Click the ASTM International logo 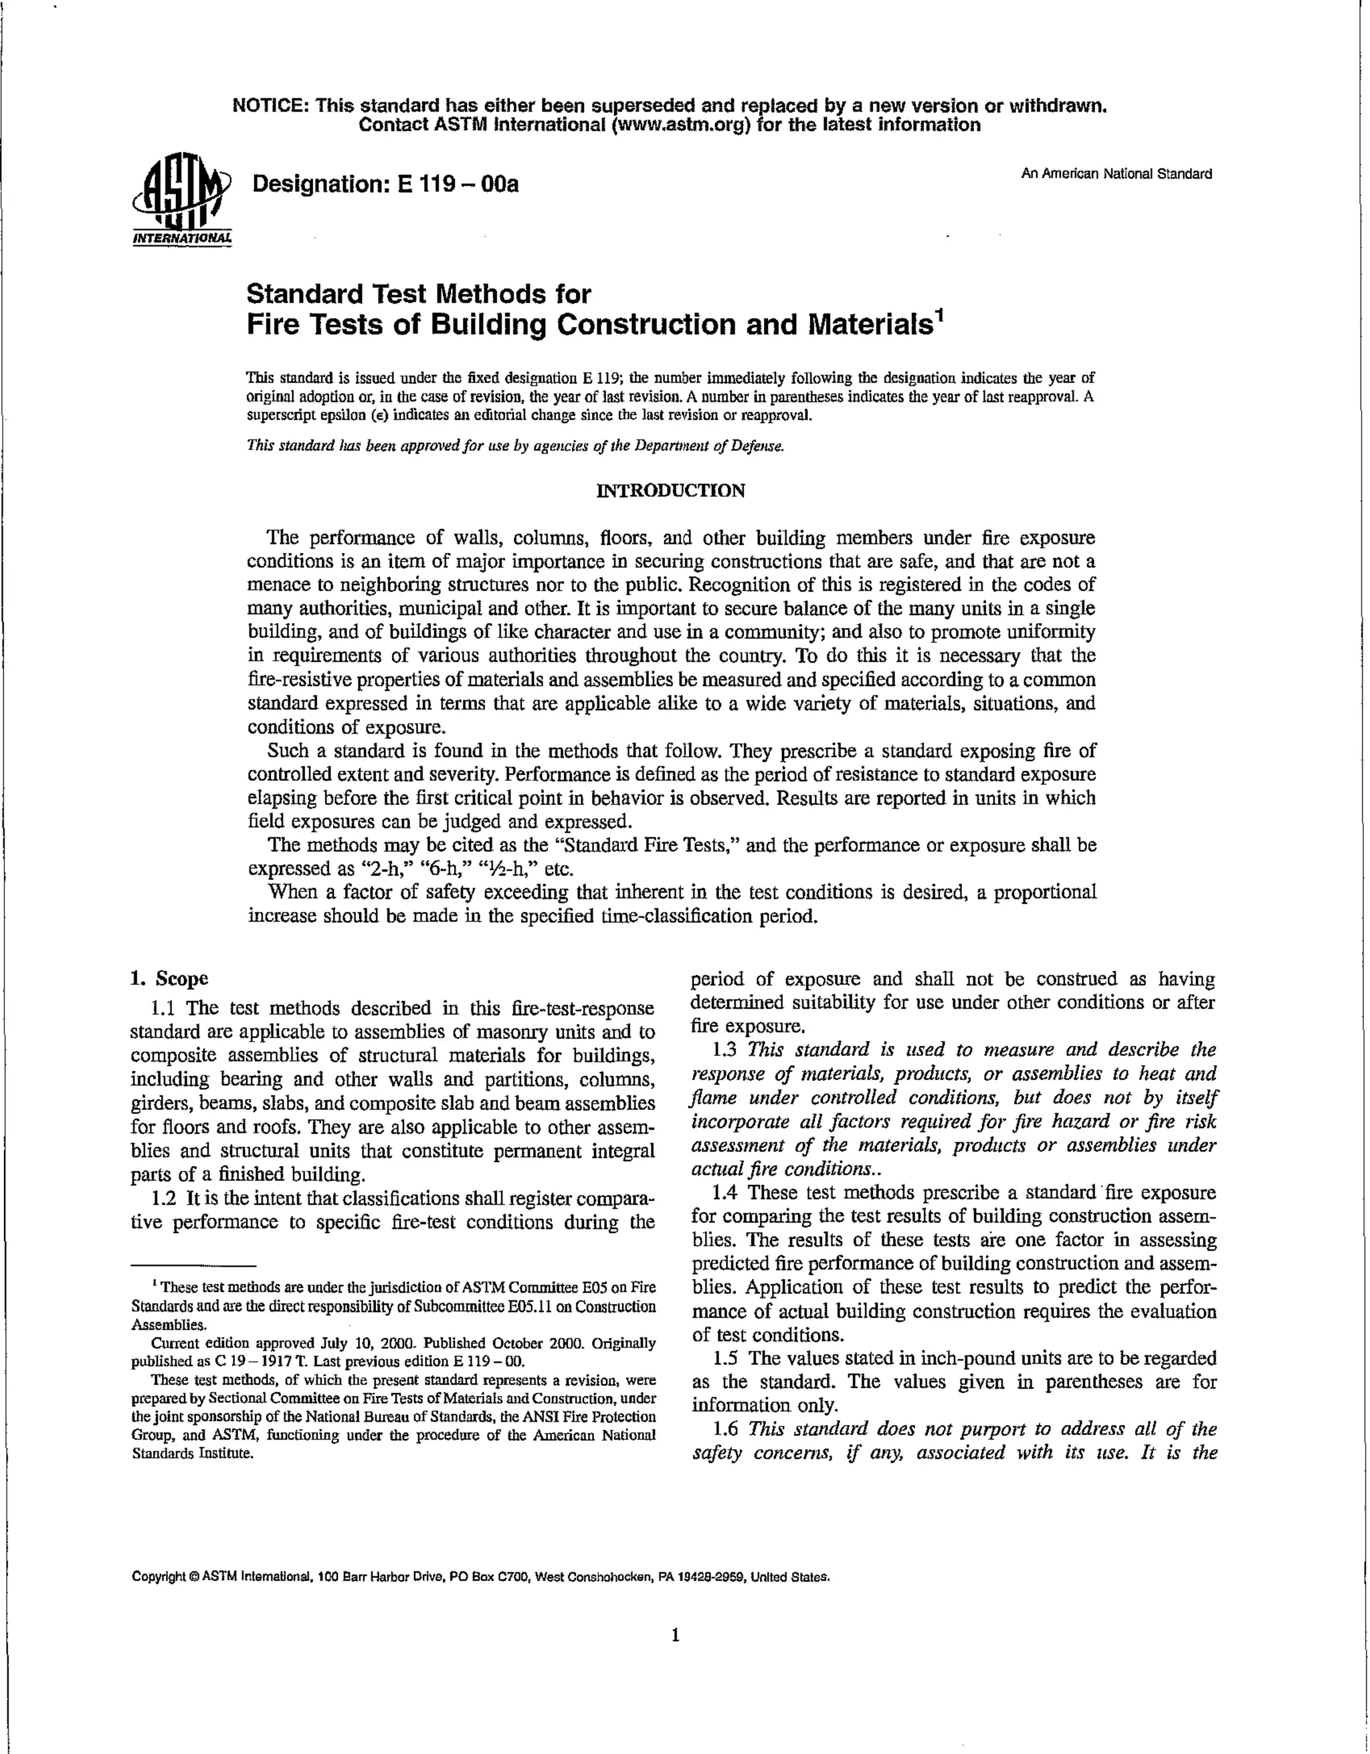(180, 197)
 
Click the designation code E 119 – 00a (457, 185)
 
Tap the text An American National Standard (1116, 173)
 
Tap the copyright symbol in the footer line (193, 1554)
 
